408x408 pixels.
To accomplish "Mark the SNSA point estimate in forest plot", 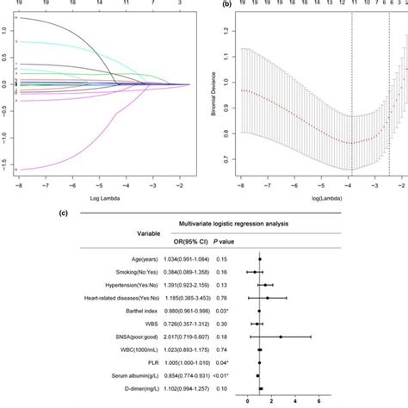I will (x=280, y=337).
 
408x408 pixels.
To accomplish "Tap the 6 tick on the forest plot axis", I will (x=319, y=401).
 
